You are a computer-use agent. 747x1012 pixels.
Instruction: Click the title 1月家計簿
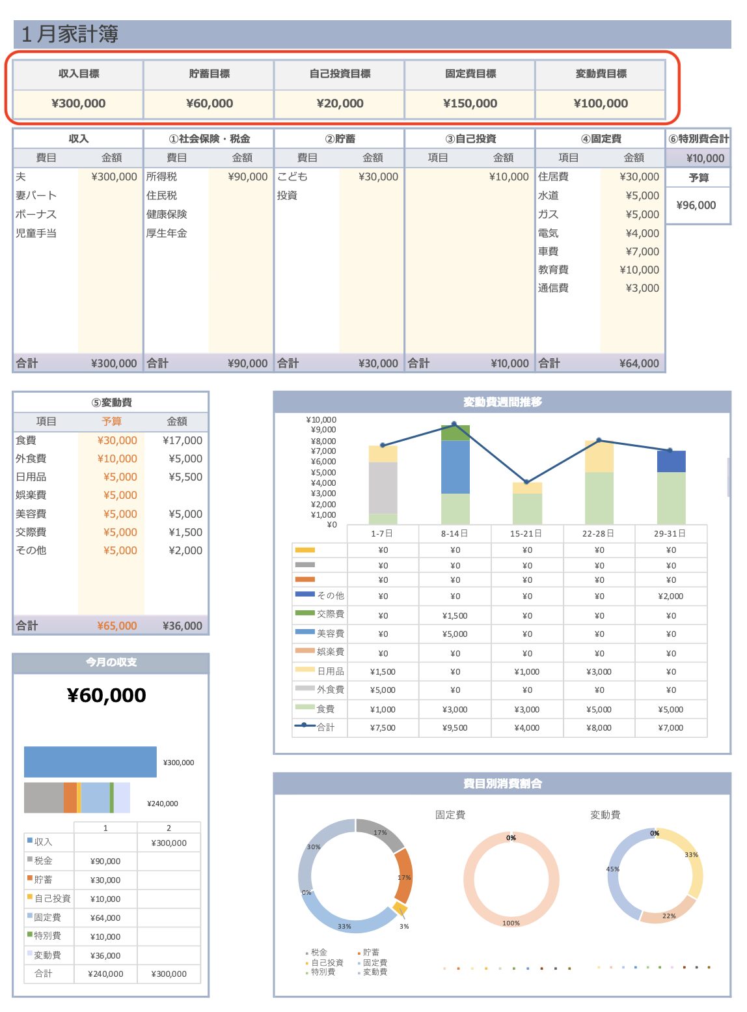[x=70, y=34]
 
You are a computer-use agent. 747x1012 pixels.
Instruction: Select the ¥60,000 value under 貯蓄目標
[x=209, y=103]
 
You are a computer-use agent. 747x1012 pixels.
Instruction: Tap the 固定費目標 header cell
[x=470, y=74]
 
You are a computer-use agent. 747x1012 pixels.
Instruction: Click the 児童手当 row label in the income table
[x=36, y=232]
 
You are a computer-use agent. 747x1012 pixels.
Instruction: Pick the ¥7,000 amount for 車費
[x=642, y=251]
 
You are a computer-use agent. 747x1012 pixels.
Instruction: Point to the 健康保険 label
[x=167, y=214]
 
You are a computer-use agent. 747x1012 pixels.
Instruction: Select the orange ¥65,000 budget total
[x=117, y=626]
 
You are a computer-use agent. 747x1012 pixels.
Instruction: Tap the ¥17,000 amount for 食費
[x=182, y=440]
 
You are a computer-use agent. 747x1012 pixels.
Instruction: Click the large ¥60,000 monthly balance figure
[x=107, y=695]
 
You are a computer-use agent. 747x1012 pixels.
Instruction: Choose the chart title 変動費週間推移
[x=502, y=402]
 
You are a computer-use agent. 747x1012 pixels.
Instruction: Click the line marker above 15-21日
[x=526, y=482]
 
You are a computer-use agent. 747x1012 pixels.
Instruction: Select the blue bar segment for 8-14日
[x=455, y=466]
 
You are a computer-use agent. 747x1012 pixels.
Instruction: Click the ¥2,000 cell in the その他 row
[x=670, y=596]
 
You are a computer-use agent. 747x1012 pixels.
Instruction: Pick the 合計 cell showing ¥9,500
[x=455, y=727]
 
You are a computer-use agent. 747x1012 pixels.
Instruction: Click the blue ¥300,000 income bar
[x=90, y=762]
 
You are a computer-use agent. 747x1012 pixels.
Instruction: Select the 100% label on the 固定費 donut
[x=511, y=923]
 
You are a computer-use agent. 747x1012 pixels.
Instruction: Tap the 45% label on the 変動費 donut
[x=613, y=869]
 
